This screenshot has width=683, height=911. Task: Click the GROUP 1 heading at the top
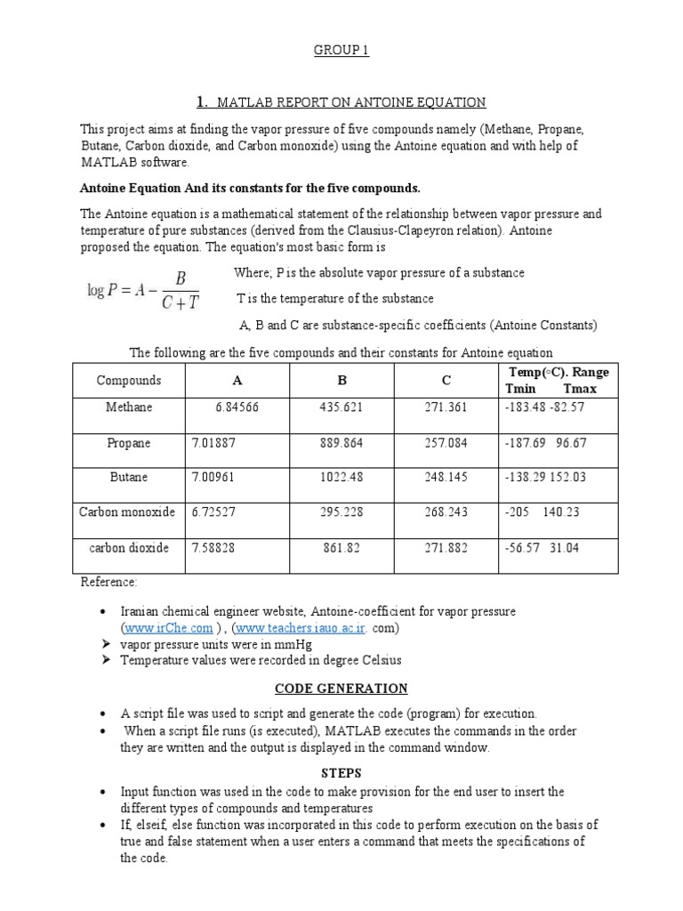tap(341, 51)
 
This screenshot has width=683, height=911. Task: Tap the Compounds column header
tap(129, 381)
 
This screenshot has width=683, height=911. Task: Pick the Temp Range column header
tap(558, 381)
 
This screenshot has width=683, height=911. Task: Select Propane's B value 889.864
tap(341, 443)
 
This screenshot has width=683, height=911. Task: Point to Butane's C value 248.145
tap(446, 478)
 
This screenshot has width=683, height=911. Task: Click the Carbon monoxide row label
tap(130, 512)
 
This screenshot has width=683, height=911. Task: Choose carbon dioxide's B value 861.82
tap(341, 548)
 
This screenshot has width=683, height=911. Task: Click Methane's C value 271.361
tap(446, 407)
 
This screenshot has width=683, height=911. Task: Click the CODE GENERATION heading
tap(341, 689)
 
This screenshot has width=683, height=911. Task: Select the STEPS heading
tap(341, 773)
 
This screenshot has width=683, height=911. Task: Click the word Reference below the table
tap(108, 582)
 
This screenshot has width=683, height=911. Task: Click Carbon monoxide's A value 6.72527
tap(213, 512)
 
